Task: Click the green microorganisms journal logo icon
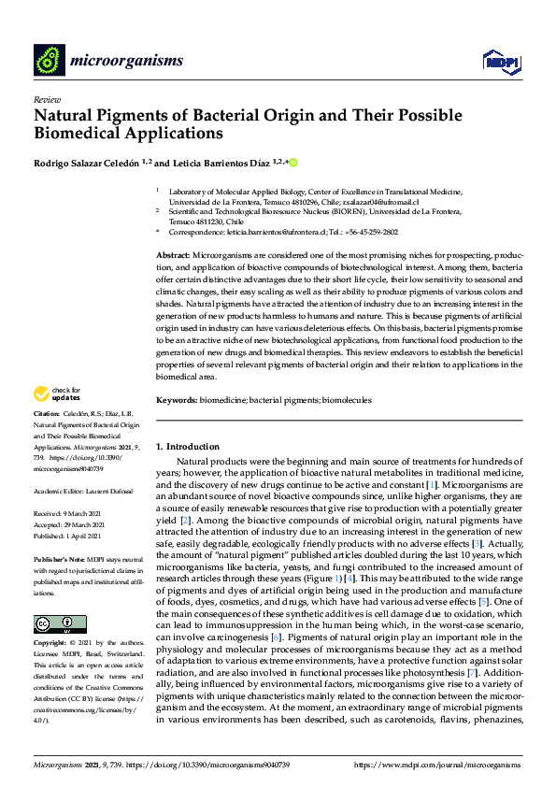(48, 61)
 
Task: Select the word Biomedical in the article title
(78, 133)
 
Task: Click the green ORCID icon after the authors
(292, 163)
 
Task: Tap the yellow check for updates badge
(57, 393)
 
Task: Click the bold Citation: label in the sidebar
(47, 412)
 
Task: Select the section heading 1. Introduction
(188, 447)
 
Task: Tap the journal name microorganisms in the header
(127, 61)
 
